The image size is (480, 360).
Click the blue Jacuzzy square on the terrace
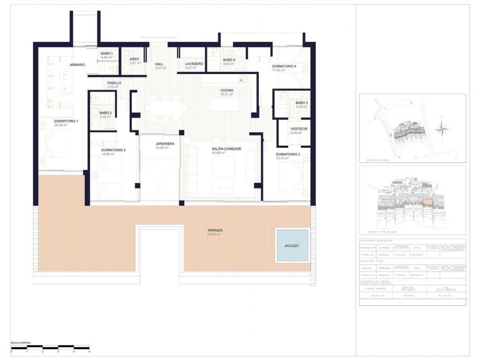(x=292, y=245)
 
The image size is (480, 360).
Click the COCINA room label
(x=226, y=90)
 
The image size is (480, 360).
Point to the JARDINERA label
(x=164, y=144)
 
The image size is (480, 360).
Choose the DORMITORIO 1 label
(x=66, y=121)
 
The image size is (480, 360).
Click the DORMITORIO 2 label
(x=114, y=150)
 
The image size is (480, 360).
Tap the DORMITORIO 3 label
(x=288, y=155)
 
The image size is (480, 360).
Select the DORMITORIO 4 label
(x=284, y=66)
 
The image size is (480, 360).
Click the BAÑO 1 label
(x=106, y=54)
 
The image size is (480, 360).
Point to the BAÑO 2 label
(x=106, y=113)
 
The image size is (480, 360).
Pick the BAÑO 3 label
(x=302, y=103)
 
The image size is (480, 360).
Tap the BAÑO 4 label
(x=229, y=60)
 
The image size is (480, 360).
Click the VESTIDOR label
(x=299, y=129)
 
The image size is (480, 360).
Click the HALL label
(x=159, y=64)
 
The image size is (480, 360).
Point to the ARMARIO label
(x=77, y=65)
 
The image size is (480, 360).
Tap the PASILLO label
(x=114, y=83)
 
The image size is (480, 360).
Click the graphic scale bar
(x=50, y=347)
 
